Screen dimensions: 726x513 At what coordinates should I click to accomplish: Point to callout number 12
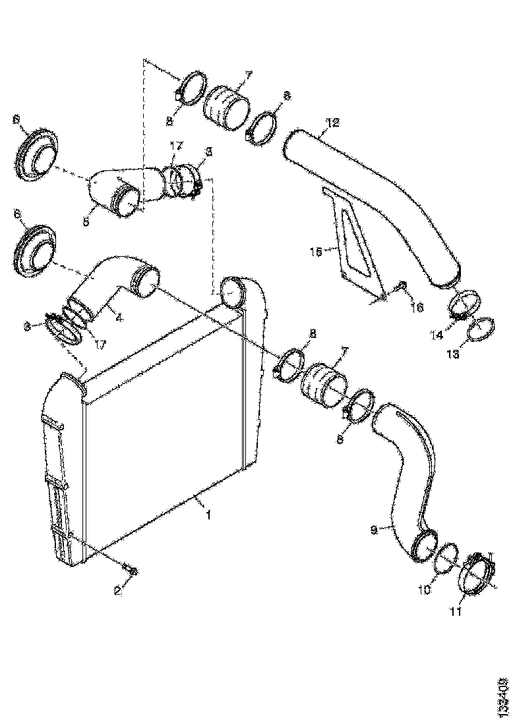[332, 122]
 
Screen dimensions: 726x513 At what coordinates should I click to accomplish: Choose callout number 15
[315, 251]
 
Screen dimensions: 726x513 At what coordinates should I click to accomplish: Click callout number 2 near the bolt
[118, 591]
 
